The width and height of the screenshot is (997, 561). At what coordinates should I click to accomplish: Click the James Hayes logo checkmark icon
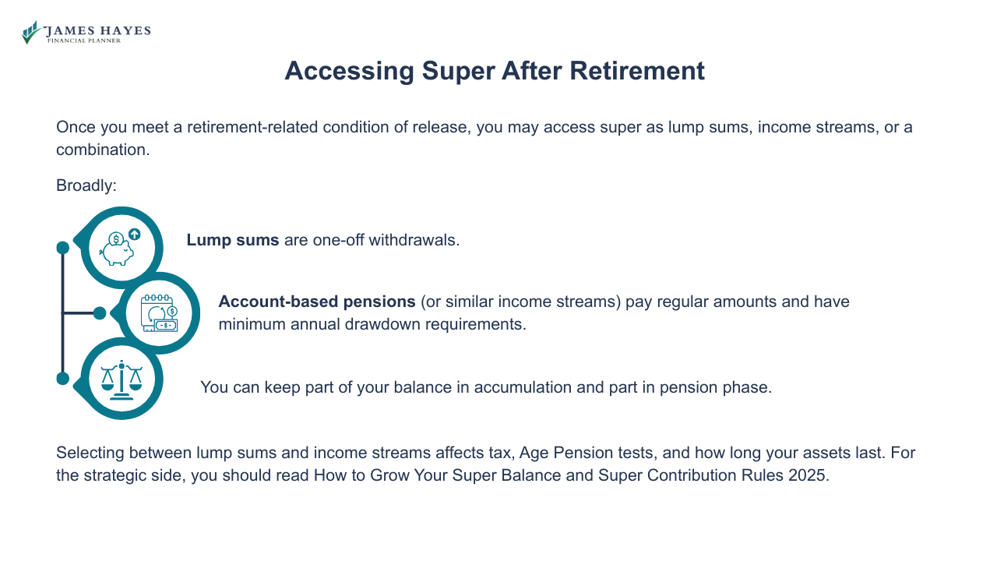[x=31, y=33]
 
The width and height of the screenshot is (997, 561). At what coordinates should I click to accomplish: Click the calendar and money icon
[x=159, y=313]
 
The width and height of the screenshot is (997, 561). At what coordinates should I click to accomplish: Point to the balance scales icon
[x=122, y=379]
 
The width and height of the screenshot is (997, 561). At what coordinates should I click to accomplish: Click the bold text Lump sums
[x=232, y=240]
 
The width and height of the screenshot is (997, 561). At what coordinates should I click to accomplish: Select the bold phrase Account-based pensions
[x=316, y=302]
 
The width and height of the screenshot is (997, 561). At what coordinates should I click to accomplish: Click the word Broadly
[x=86, y=185]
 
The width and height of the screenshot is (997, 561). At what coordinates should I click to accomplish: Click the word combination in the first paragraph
[x=102, y=150]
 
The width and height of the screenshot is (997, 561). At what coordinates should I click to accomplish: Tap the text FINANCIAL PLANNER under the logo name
[x=84, y=41]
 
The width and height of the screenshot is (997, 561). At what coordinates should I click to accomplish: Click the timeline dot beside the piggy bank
[x=63, y=248]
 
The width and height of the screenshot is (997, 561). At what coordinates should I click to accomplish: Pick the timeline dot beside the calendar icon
[x=100, y=313]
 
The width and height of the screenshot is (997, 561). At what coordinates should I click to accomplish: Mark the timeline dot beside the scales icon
[x=63, y=379]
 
